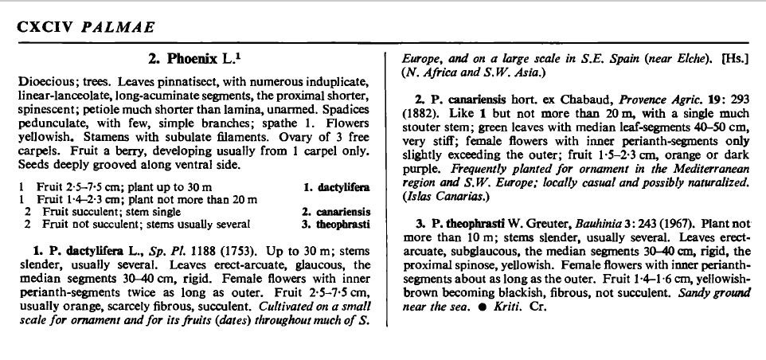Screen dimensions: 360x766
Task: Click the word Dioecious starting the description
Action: click(x=42, y=82)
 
